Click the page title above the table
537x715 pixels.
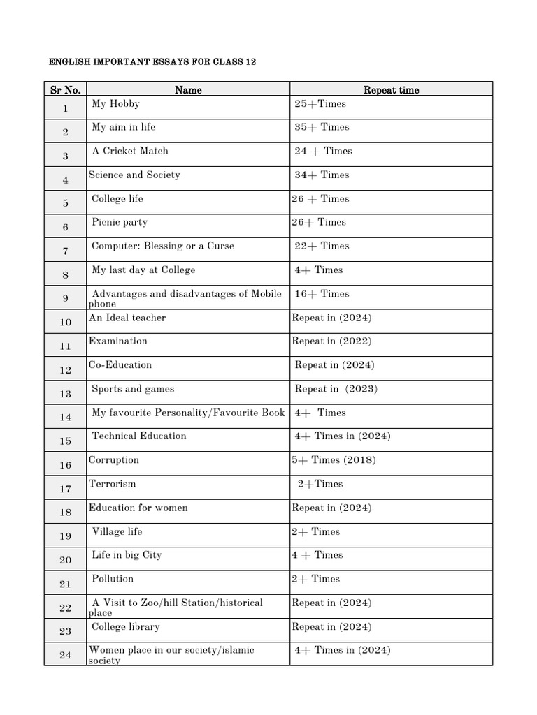[152, 62]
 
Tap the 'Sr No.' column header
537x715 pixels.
[66, 89]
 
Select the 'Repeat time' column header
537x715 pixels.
[391, 89]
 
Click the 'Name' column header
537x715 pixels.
[188, 89]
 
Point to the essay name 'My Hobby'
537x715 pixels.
[115, 104]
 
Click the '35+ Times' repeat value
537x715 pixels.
[322, 127]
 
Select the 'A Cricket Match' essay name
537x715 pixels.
[130, 151]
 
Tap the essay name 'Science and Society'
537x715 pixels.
[134, 175]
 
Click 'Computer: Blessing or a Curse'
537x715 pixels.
[163, 246]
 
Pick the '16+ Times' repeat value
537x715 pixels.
[322, 294]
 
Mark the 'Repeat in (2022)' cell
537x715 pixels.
[331, 341]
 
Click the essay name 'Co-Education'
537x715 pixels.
[120, 365]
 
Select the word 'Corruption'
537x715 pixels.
[114, 460]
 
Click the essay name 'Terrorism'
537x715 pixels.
[113, 484]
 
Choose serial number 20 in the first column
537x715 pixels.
[66, 561]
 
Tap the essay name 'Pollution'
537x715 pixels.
[113, 579]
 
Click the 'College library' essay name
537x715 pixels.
[126, 626]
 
